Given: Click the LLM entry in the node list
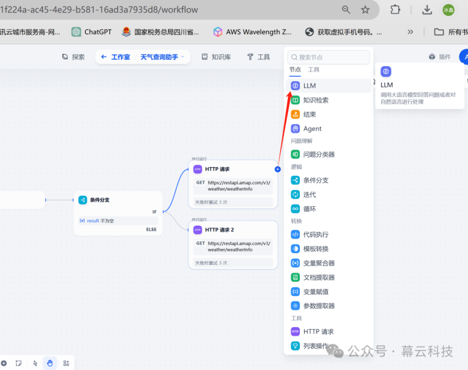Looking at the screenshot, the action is tap(310, 86).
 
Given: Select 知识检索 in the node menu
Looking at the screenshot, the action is tap(315, 100).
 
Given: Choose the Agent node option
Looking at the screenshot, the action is tap(312, 129).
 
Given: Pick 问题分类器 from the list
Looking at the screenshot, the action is tap(319, 154).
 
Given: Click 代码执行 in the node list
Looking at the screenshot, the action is tap(315, 234).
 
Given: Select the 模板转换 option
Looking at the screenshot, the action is tap(315, 248).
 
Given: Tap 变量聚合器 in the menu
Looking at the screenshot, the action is tap(319, 263).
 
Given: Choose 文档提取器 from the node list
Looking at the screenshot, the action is tap(319, 277).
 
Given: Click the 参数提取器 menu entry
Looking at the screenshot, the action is tap(319, 306).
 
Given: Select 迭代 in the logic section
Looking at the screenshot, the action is tap(310, 194).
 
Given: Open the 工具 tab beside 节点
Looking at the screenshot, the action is tap(313, 70).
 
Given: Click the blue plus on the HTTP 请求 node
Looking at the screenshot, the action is tap(277, 169).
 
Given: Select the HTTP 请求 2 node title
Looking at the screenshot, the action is tap(219, 230).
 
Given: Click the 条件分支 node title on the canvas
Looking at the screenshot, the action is tap(99, 200).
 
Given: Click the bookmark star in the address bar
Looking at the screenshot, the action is tap(365, 10).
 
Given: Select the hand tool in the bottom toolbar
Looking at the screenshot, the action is tap(50, 363).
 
